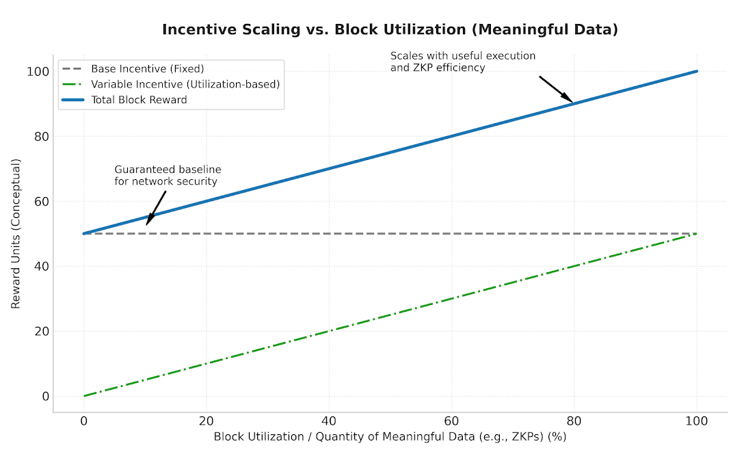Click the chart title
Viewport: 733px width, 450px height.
(x=390, y=29)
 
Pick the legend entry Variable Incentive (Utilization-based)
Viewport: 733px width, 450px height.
(x=185, y=84)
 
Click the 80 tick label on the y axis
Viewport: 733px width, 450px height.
(x=42, y=136)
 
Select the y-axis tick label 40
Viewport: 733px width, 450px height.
(x=42, y=266)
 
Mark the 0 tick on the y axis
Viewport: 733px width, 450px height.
(x=45, y=396)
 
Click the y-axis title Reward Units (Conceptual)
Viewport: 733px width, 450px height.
(x=16, y=233)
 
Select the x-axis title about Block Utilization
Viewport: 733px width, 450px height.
(x=390, y=436)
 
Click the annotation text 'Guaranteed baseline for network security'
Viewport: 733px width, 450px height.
(x=168, y=175)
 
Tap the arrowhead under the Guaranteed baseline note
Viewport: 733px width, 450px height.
(x=149, y=220)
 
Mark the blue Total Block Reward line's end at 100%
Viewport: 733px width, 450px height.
(x=697, y=71)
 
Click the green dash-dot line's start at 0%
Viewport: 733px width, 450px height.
(x=84, y=396)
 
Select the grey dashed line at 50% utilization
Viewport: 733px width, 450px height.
(x=390, y=233)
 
